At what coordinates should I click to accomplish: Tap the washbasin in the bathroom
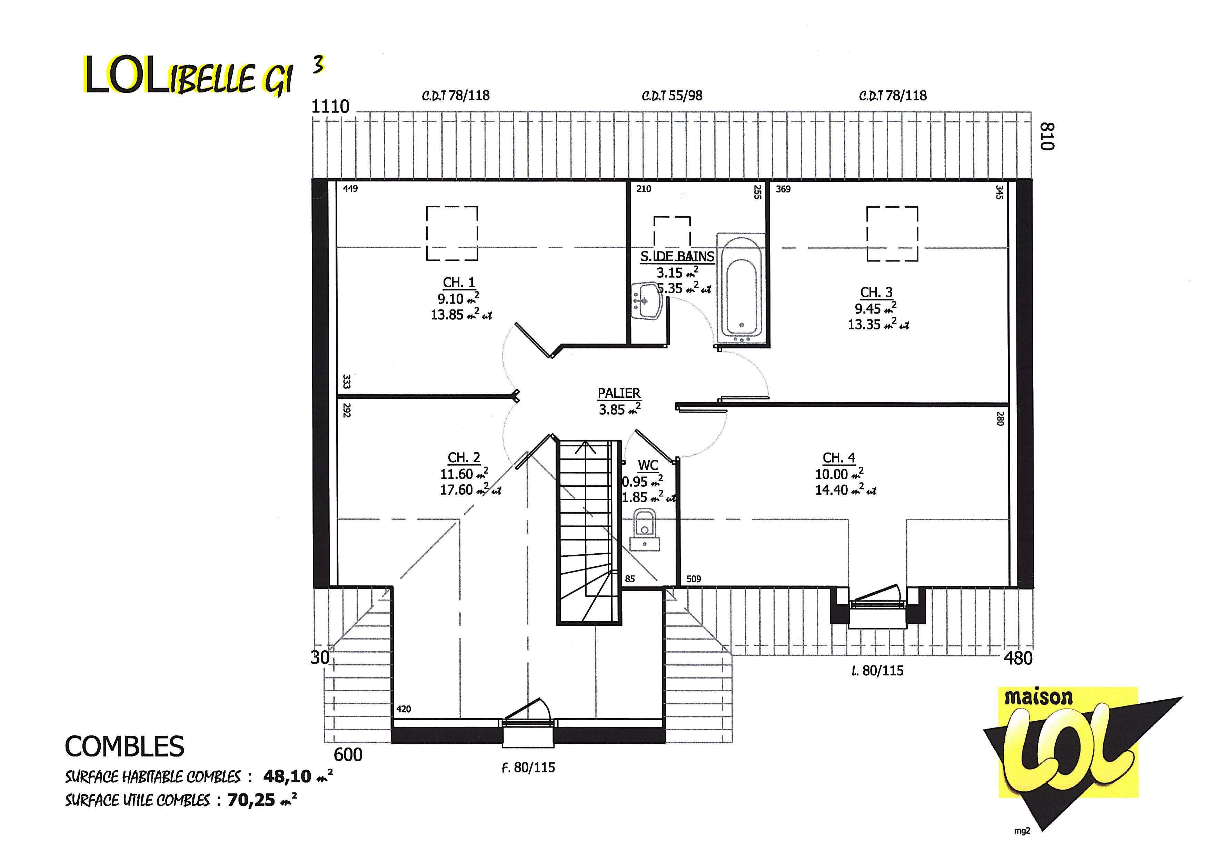point(646,300)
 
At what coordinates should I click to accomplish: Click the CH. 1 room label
point(459,283)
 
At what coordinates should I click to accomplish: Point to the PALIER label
point(619,393)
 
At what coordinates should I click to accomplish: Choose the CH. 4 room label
point(839,457)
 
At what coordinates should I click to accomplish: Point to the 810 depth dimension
point(1047,136)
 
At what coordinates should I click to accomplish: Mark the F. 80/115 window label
point(528,767)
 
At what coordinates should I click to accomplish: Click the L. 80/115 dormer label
point(877,671)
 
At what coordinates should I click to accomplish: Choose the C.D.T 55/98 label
point(672,96)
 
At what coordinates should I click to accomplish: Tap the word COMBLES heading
point(125,746)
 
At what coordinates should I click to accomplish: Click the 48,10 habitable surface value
point(287,776)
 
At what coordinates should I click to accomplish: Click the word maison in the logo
point(1038,698)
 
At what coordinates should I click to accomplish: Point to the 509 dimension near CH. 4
point(694,579)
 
